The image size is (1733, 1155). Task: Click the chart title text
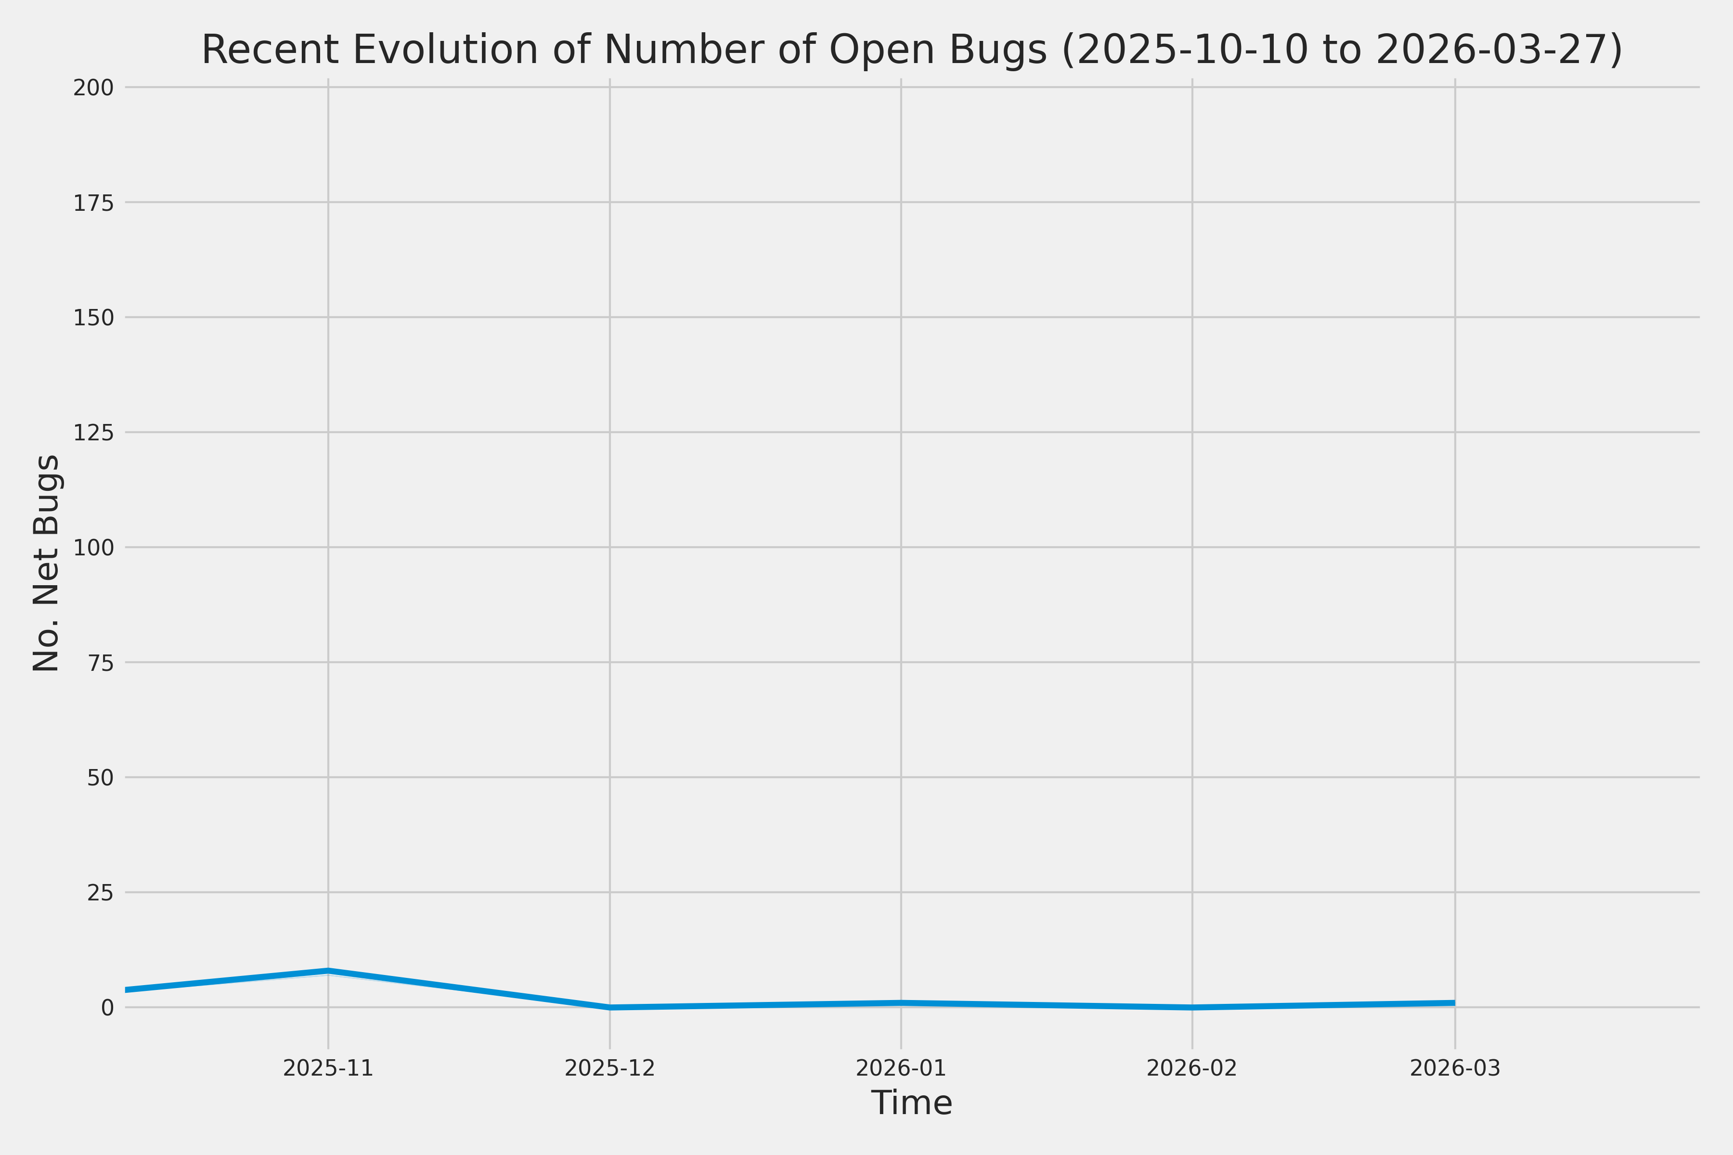[911, 50]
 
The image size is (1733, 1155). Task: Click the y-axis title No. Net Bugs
[46, 563]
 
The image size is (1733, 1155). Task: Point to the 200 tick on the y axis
[93, 88]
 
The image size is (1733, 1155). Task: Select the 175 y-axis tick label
[93, 203]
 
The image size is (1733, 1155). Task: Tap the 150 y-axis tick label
[93, 318]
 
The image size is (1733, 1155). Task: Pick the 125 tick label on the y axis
[93, 432]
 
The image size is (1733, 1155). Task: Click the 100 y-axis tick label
[93, 547]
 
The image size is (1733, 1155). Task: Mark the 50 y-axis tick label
[100, 777]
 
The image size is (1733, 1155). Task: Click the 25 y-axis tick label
[100, 893]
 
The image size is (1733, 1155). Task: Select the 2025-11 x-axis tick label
[328, 1068]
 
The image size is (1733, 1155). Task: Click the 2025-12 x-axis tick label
[609, 1068]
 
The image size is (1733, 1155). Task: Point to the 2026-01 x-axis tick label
[900, 1068]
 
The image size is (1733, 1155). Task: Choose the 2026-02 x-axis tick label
[1191, 1068]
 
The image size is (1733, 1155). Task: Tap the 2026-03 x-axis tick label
[1454, 1068]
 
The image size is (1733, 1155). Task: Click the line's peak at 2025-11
[328, 970]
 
